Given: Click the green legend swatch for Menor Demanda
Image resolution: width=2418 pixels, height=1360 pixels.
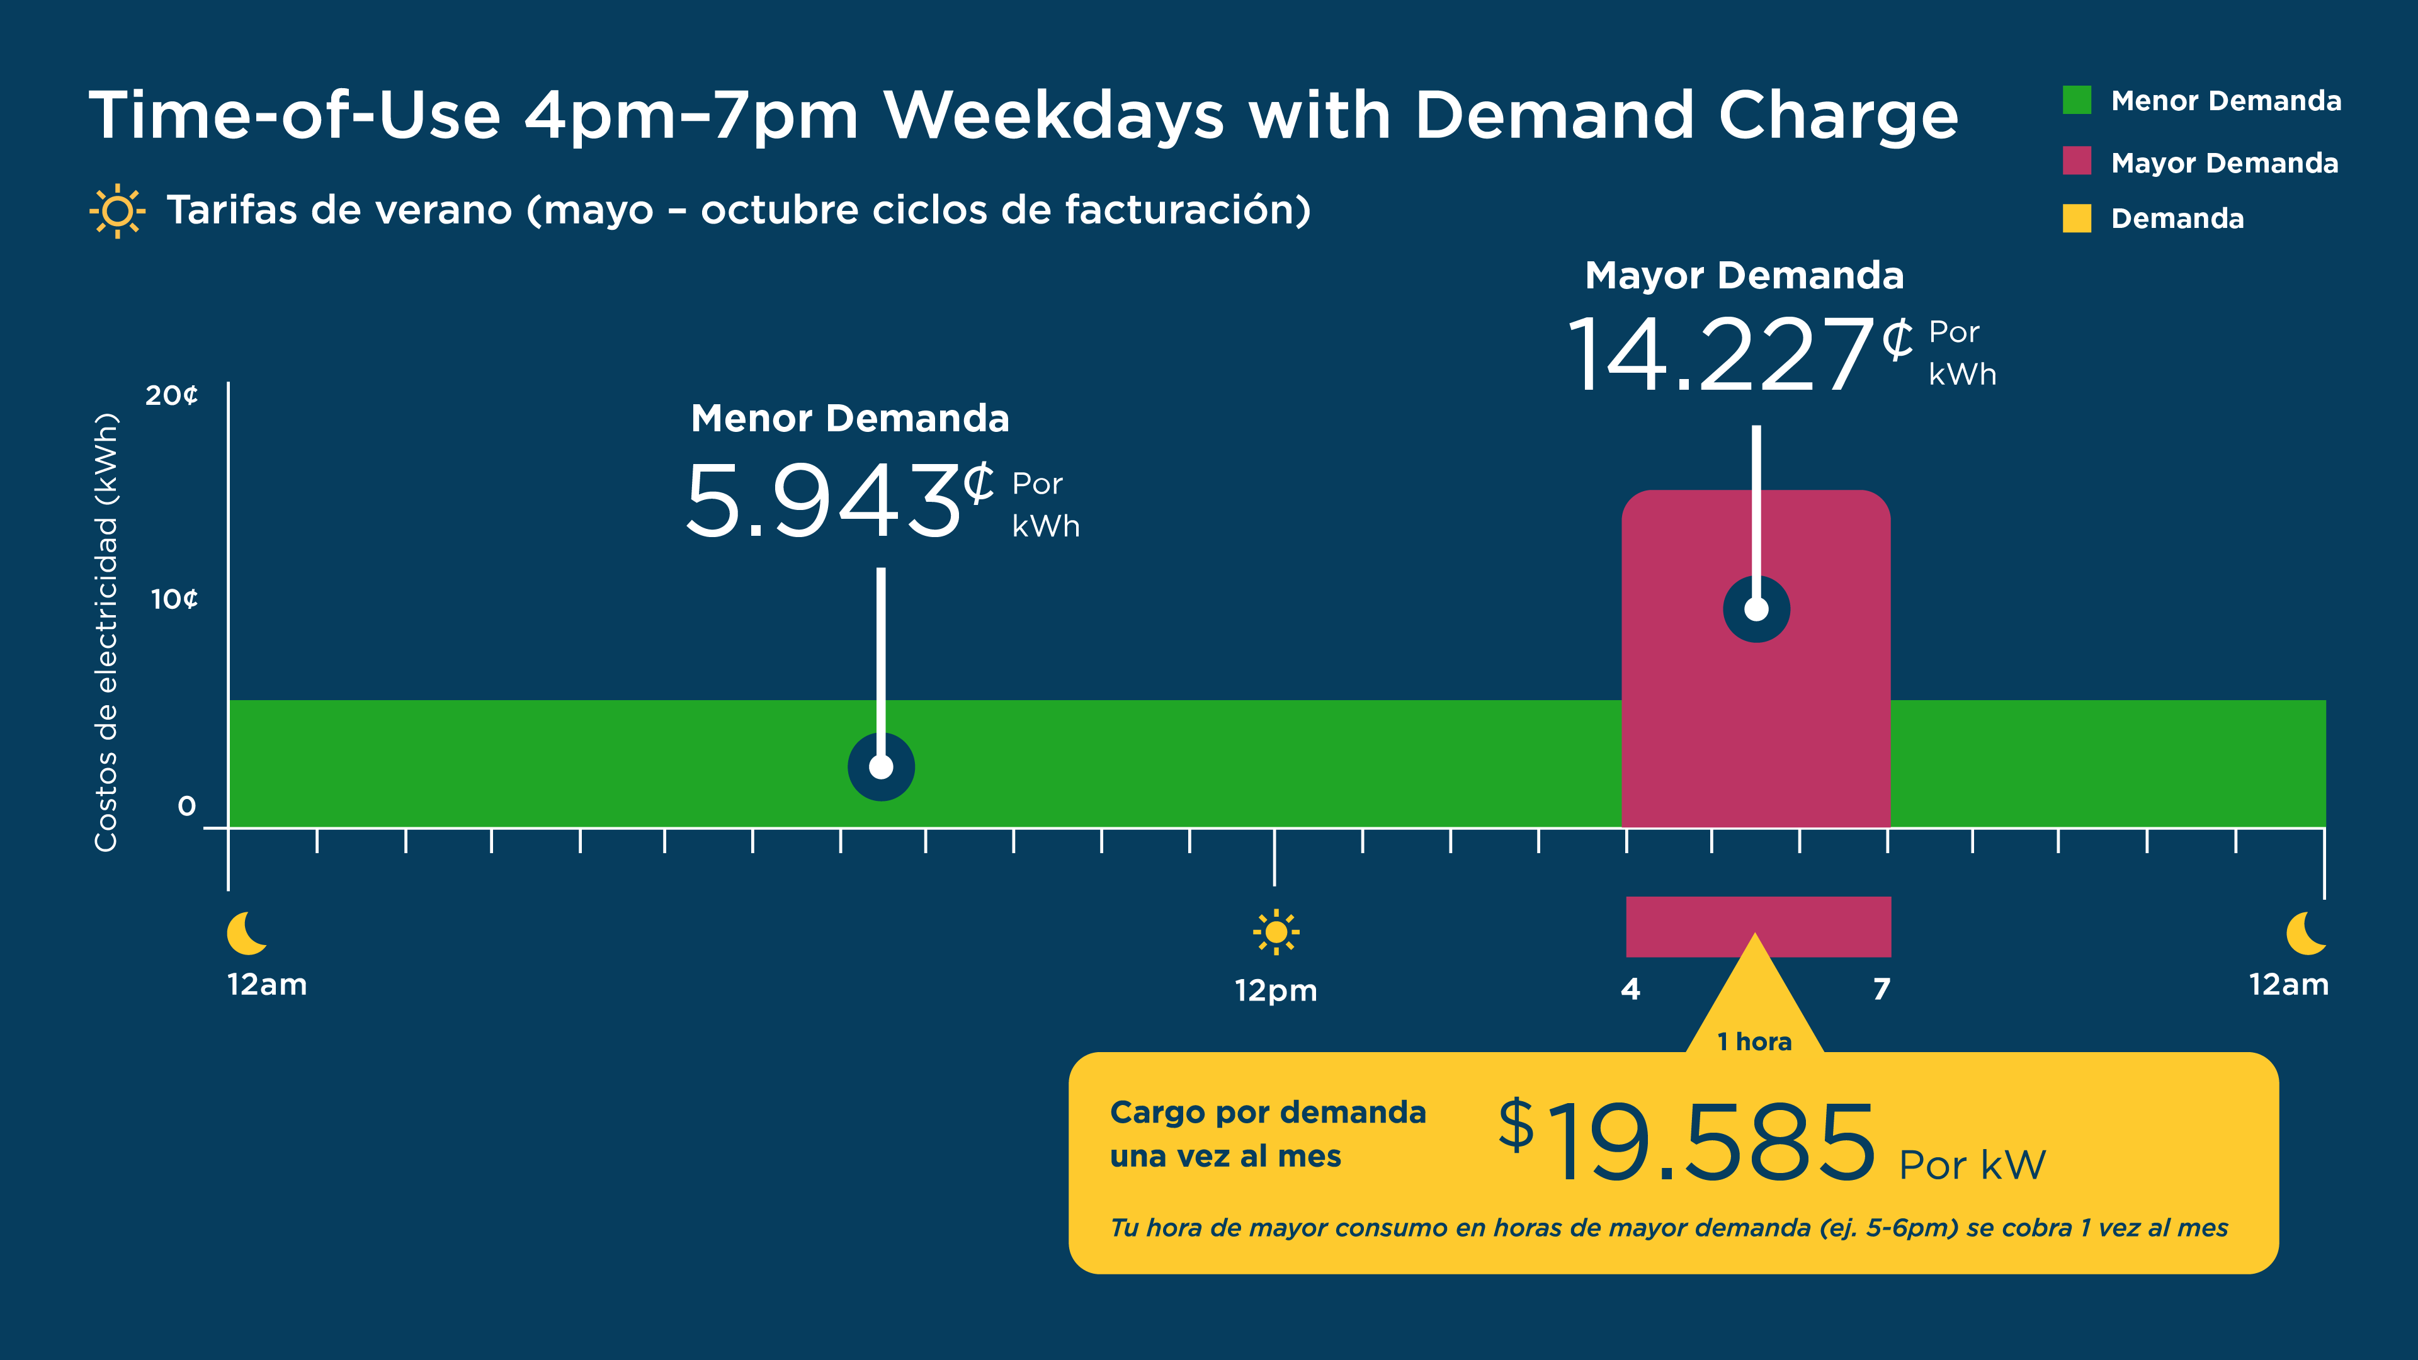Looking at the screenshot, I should [2076, 99].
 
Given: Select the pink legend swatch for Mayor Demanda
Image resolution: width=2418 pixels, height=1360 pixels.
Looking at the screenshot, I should [2076, 161].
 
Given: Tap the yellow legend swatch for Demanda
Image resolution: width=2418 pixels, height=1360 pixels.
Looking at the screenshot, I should [2076, 218].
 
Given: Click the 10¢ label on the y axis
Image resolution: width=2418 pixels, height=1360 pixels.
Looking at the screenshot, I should [174, 599].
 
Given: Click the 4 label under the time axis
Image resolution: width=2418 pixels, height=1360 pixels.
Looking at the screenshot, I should [1630, 989].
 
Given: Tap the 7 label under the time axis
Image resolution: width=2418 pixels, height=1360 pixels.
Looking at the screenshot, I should [1881, 989].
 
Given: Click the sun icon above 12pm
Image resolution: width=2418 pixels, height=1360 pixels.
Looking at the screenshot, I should [1276, 932].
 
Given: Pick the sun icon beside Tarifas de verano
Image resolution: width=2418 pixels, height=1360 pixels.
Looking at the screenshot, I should [117, 210].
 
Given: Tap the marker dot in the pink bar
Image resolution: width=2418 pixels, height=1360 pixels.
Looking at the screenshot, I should [1756, 609].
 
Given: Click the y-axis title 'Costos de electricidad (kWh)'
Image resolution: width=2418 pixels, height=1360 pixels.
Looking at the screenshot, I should [106, 632].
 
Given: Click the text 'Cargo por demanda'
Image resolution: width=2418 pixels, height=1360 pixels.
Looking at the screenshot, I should [1267, 1112].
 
